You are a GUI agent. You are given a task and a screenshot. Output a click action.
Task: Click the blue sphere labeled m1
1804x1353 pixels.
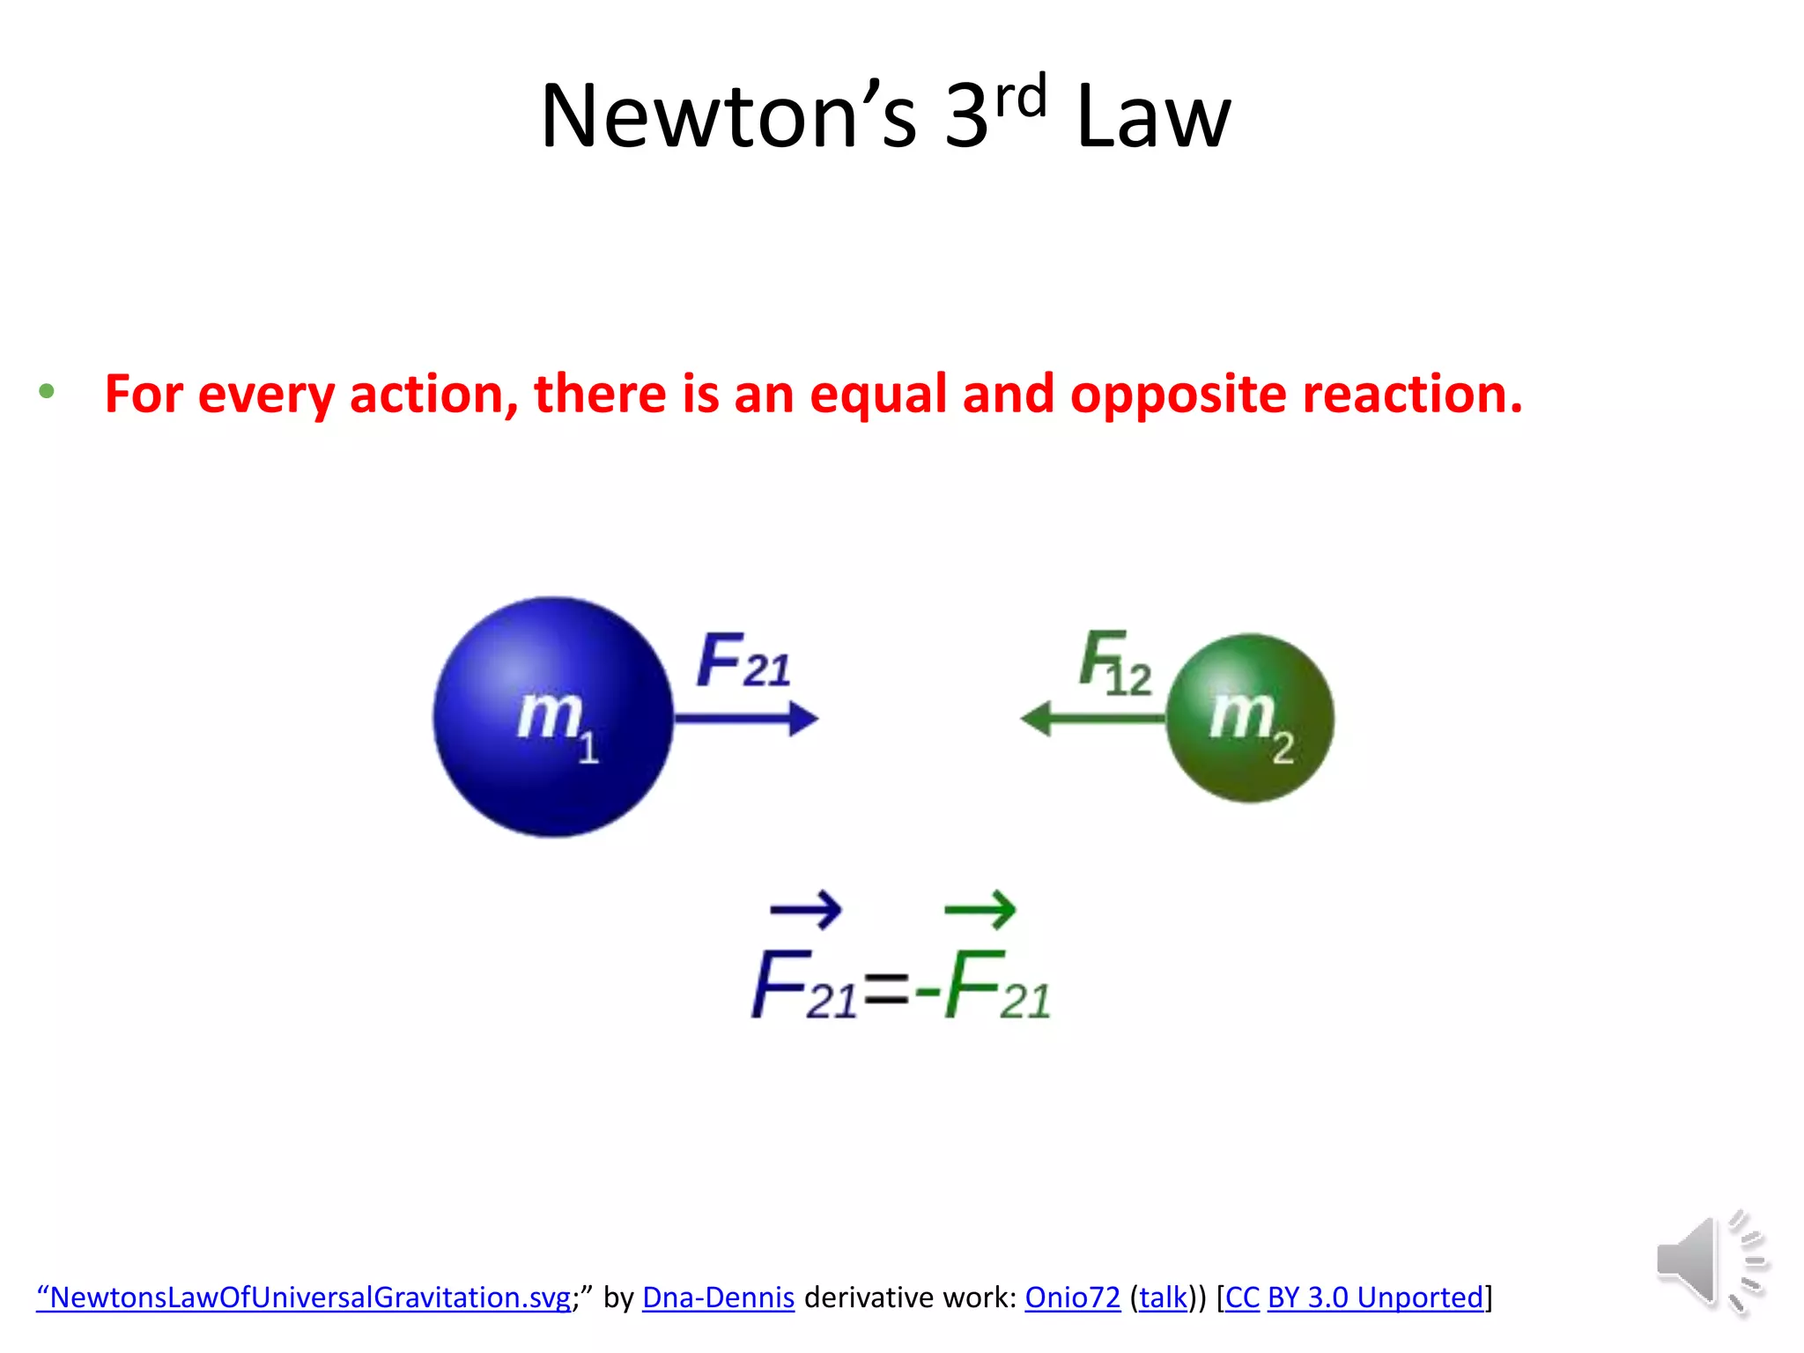click(552, 717)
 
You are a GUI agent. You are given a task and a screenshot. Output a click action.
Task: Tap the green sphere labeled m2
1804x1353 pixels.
click(1249, 718)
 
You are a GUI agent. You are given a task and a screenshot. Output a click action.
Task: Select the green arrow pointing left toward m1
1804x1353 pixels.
click(1092, 719)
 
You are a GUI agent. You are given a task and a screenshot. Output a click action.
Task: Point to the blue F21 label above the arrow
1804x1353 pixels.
click(743, 661)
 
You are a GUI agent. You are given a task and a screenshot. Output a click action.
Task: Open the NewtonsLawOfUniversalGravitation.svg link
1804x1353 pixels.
click(304, 1298)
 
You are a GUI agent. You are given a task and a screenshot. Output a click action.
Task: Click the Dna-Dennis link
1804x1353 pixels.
click(718, 1298)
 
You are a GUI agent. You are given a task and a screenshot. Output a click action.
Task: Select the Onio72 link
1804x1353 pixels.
click(1072, 1298)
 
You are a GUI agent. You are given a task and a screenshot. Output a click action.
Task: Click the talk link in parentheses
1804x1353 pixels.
click(1163, 1298)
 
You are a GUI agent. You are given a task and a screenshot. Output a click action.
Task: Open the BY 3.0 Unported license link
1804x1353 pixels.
click(1375, 1298)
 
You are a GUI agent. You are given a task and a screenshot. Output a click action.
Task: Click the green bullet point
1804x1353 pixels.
click(47, 391)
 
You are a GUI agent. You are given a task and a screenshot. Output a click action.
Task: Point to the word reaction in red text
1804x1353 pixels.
click(1412, 394)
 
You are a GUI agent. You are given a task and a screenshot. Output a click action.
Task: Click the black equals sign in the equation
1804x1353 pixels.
click(886, 990)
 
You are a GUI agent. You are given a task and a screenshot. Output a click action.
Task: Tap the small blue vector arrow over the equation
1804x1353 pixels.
click(805, 909)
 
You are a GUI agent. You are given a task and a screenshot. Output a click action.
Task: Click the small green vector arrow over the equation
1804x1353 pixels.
click(980, 909)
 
